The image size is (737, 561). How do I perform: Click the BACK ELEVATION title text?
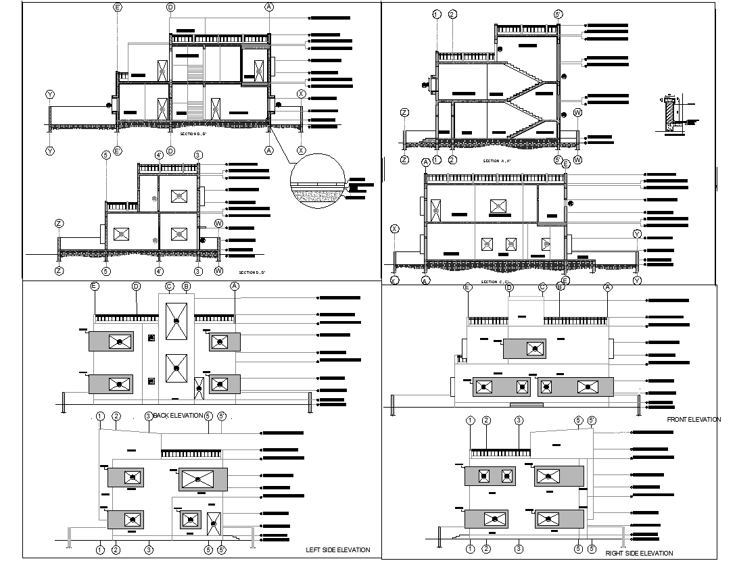[x=179, y=415]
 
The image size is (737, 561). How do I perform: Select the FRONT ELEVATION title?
[x=694, y=420]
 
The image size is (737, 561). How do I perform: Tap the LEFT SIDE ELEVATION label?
[x=337, y=550]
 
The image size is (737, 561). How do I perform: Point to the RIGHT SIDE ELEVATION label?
[x=639, y=554]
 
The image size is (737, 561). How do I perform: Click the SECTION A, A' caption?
[x=497, y=162]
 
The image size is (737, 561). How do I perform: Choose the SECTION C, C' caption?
[x=496, y=281]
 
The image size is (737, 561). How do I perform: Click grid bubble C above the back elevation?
[x=170, y=287]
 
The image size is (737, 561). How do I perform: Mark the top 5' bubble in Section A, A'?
[x=558, y=14]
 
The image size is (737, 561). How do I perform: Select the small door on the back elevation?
[x=199, y=389]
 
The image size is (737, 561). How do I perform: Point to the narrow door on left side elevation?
[x=214, y=525]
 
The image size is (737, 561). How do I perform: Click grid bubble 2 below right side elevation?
[x=486, y=549]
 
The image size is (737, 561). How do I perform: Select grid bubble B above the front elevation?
[x=560, y=287]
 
